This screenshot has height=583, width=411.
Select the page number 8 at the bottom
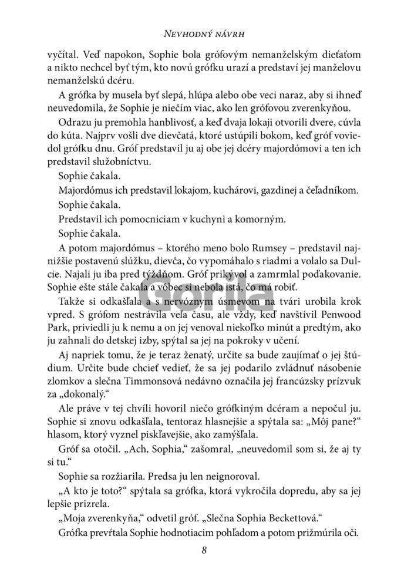pos(204,550)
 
